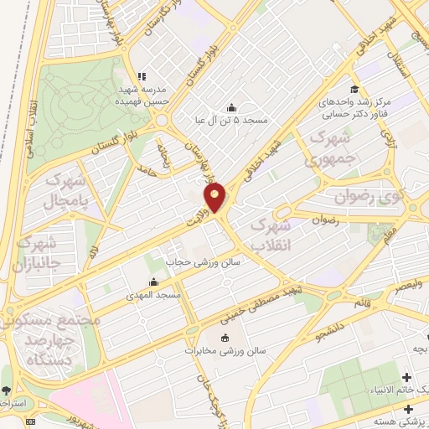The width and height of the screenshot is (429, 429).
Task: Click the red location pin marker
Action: [215, 196]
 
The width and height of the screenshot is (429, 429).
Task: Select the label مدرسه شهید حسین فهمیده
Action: [142, 93]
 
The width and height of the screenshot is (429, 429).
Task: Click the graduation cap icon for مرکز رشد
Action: [354, 88]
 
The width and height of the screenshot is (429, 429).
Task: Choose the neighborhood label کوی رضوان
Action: [364, 197]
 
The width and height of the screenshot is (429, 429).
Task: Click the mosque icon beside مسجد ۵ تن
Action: [231, 107]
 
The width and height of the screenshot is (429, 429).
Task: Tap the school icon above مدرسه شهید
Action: [142, 75]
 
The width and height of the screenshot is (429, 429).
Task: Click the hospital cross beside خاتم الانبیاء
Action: [408, 378]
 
